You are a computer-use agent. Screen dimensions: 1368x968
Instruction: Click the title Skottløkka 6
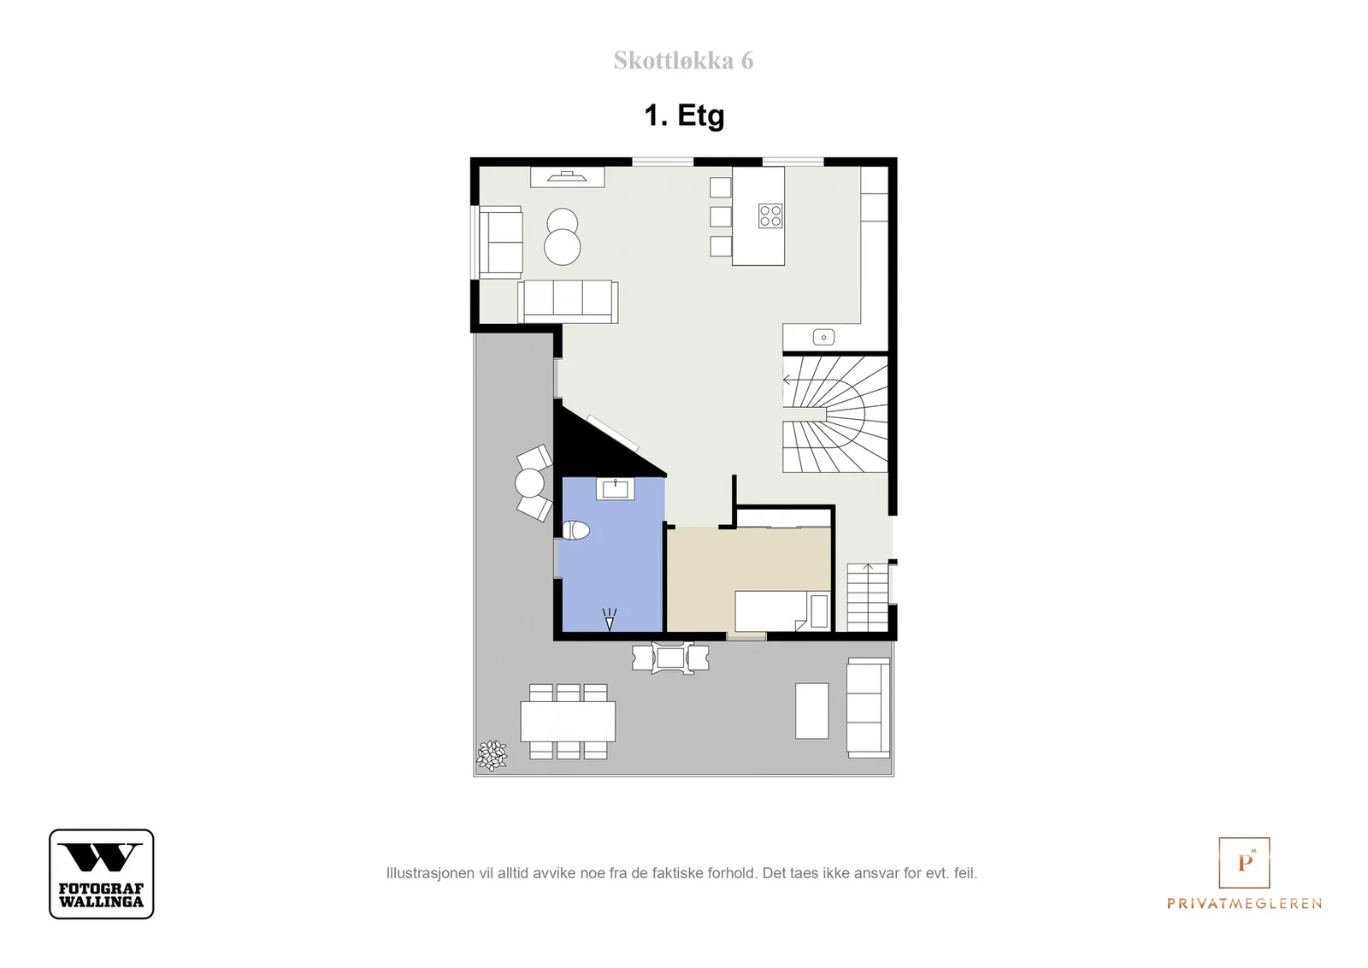(x=683, y=61)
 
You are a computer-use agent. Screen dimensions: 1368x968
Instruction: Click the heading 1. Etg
(x=684, y=115)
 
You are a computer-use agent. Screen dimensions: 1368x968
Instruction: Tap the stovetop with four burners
(x=770, y=215)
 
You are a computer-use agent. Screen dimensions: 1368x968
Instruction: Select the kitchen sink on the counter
(x=823, y=337)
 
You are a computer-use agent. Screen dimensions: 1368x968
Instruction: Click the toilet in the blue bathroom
(x=575, y=530)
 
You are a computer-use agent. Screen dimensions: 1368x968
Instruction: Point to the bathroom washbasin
(x=615, y=489)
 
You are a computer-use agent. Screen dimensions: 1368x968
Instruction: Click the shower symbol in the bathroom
(x=609, y=619)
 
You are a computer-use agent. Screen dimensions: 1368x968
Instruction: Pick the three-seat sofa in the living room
(x=568, y=301)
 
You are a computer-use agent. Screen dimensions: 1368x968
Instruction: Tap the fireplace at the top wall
(x=568, y=177)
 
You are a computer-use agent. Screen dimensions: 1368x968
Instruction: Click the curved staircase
(x=834, y=414)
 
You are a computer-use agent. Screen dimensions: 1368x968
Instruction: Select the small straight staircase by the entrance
(x=867, y=597)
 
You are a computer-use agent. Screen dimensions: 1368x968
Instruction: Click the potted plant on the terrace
(x=492, y=755)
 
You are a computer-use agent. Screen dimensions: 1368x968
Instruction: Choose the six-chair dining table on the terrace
(x=568, y=721)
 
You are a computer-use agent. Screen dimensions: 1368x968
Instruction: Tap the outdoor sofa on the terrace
(x=868, y=708)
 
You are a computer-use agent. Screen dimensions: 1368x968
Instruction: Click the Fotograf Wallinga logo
(x=102, y=874)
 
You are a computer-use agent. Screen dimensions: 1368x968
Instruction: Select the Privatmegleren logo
(x=1244, y=873)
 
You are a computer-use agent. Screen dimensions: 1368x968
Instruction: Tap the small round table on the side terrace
(x=529, y=483)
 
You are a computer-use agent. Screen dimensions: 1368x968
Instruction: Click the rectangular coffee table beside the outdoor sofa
(x=811, y=711)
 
